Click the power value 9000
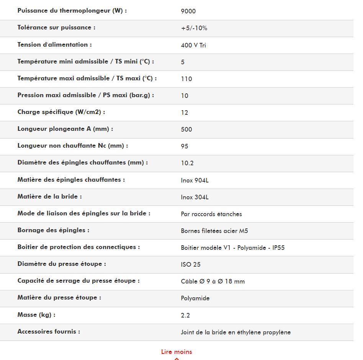(188, 11)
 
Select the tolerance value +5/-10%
(194, 28)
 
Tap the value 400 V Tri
(193, 45)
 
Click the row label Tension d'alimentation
(54, 45)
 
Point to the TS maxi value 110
(186, 79)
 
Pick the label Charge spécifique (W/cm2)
(61, 112)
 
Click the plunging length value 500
(186, 129)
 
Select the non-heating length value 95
(185, 146)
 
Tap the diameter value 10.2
(187, 163)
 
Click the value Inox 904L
(195, 180)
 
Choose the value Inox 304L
(195, 197)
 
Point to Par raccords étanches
(211, 214)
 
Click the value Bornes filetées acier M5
(214, 231)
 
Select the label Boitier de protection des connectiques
(78, 247)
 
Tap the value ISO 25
(191, 264)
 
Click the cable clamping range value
(213, 282)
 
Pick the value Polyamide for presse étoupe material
(195, 298)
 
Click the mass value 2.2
(185, 315)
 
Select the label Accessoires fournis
(49, 332)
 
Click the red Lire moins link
(177, 352)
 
